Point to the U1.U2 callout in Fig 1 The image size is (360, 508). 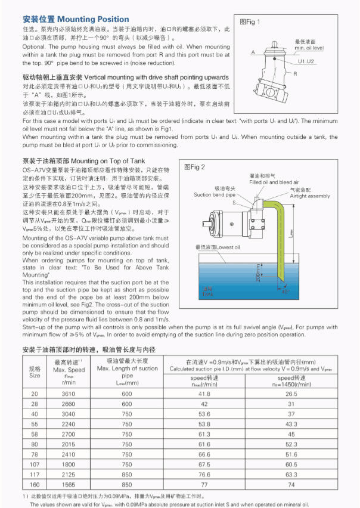click(307, 61)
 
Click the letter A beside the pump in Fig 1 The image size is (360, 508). click(253, 52)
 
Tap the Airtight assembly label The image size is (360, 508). click(309, 196)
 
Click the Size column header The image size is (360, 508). click(35, 375)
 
